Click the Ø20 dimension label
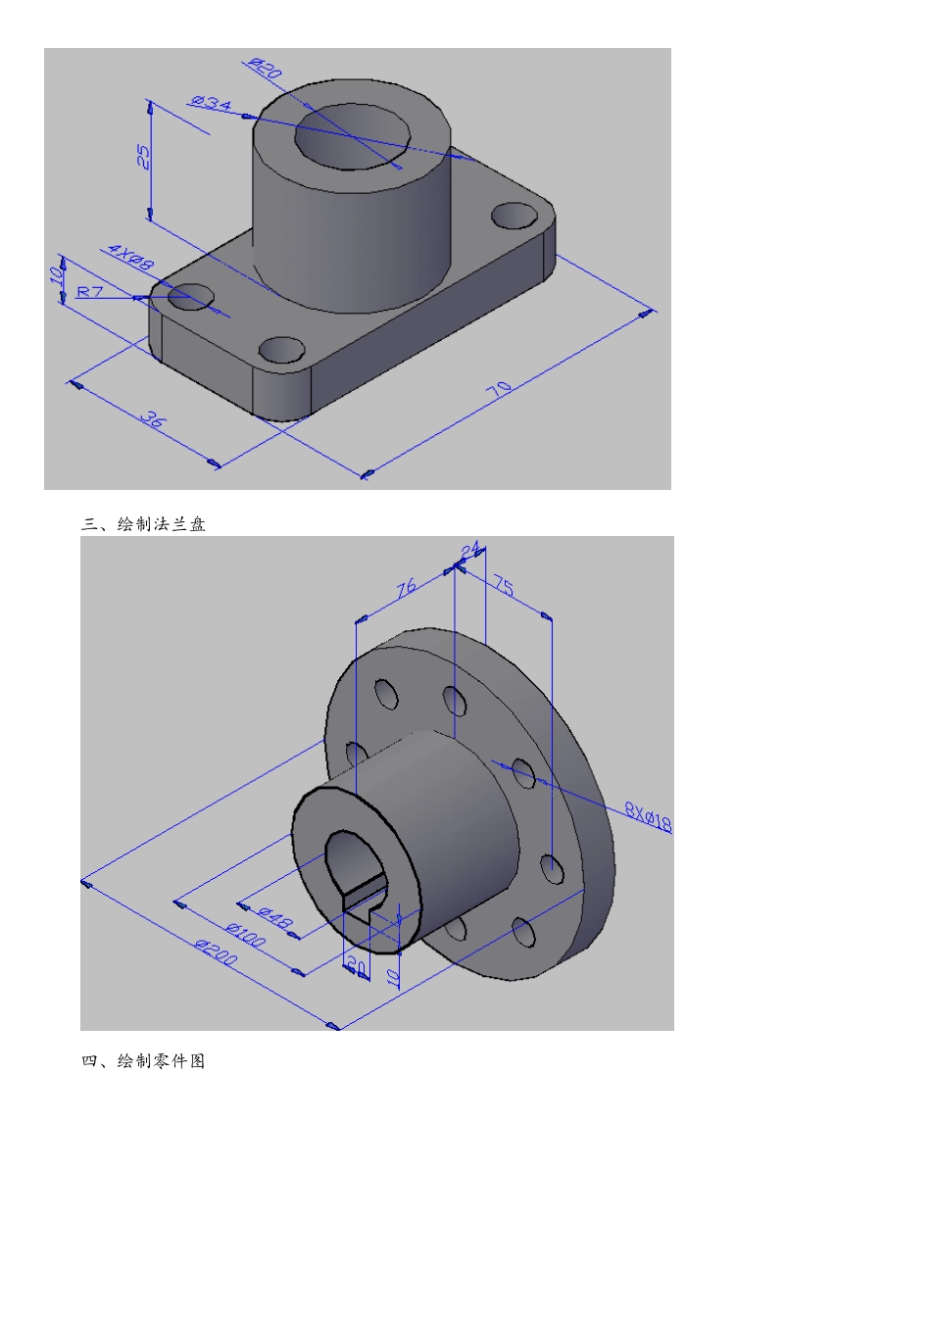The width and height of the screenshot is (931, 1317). pos(266,68)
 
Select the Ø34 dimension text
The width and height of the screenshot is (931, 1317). pos(211,103)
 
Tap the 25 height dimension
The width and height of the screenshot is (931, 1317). pos(143,157)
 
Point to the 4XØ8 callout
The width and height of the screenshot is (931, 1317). pos(131,257)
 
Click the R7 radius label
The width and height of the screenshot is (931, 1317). pos(90,291)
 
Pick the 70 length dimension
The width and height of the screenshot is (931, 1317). pos(499,389)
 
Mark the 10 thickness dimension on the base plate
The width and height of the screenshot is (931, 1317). pos(56,274)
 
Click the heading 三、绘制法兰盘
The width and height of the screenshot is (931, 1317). pos(143,524)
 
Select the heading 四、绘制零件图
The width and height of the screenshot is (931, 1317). pos(143,1060)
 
